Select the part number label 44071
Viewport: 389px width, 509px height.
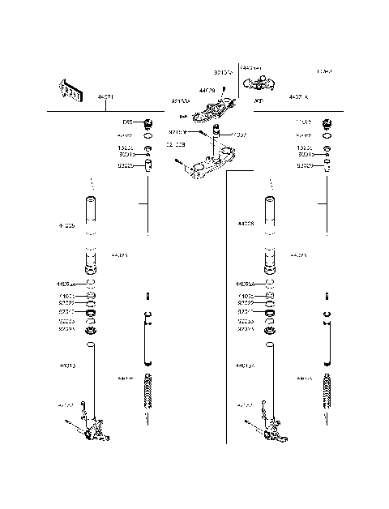(106, 97)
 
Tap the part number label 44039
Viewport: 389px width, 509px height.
(207, 92)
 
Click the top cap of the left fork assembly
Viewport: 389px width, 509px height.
(148, 124)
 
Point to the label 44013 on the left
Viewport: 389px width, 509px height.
(67, 366)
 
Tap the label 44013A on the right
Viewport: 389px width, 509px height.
(247, 366)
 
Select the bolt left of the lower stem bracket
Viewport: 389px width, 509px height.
(180, 162)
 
